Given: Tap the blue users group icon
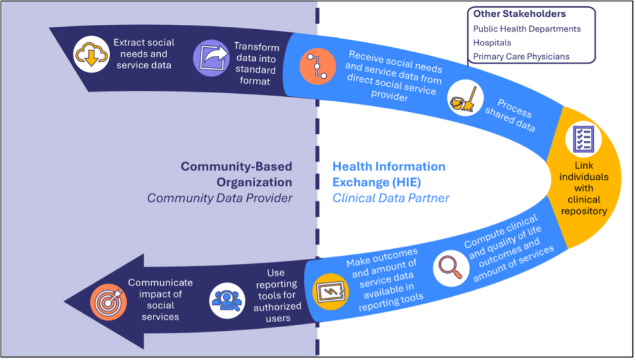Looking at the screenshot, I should [x=227, y=300].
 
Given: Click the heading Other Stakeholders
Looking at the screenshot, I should [x=519, y=14].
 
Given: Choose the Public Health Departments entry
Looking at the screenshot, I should [x=527, y=29].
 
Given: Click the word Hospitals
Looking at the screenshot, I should [x=492, y=43].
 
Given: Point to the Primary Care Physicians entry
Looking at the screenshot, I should [x=521, y=56].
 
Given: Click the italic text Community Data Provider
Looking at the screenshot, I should [x=219, y=198].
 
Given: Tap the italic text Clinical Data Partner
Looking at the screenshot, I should [x=391, y=199].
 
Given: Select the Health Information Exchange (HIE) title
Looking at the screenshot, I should [x=389, y=174].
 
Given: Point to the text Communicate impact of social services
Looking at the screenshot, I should [x=160, y=299].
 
